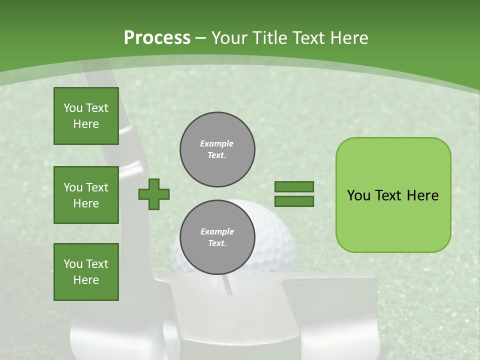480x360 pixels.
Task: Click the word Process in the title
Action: point(157,38)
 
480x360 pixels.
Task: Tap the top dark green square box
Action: point(86,116)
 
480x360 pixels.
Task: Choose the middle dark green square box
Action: point(86,195)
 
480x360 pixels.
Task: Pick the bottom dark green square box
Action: point(86,272)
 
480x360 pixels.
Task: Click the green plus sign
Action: point(154,194)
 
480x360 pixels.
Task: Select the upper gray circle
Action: point(217,149)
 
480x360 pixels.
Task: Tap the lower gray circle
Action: point(217,237)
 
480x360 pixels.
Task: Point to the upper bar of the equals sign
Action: point(294,187)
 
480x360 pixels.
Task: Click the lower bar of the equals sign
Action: point(294,201)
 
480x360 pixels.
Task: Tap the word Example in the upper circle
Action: point(217,143)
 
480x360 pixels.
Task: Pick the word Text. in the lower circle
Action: point(217,243)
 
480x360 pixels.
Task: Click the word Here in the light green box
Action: point(422,195)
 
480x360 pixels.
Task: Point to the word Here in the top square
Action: point(86,124)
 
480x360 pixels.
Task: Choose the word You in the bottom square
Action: point(73,264)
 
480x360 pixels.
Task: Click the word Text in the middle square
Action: point(97,187)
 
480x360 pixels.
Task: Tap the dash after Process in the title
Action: point(201,38)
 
